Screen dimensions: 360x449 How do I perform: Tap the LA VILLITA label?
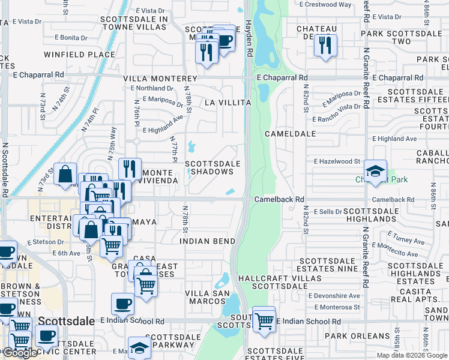pyautogui.click(x=228, y=103)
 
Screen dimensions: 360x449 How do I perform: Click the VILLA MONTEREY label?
pyautogui.click(x=160, y=79)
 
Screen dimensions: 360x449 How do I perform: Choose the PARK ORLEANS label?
pyautogui.click(x=357, y=336)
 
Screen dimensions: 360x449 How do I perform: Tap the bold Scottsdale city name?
pyautogui.click(x=67, y=321)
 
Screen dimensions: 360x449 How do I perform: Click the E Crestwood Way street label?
pyautogui.click(x=328, y=4)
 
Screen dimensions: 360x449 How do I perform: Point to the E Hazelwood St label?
pyautogui.click(x=337, y=161)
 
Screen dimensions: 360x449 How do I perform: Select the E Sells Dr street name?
pyautogui.click(x=327, y=212)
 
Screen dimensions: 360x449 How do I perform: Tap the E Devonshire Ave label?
pyautogui.click(x=334, y=296)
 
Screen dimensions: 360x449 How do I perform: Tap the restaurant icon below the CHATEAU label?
pyautogui.click(x=325, y=44)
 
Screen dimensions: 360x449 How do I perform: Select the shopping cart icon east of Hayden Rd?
pyautogui.click(x=264, y=319)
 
